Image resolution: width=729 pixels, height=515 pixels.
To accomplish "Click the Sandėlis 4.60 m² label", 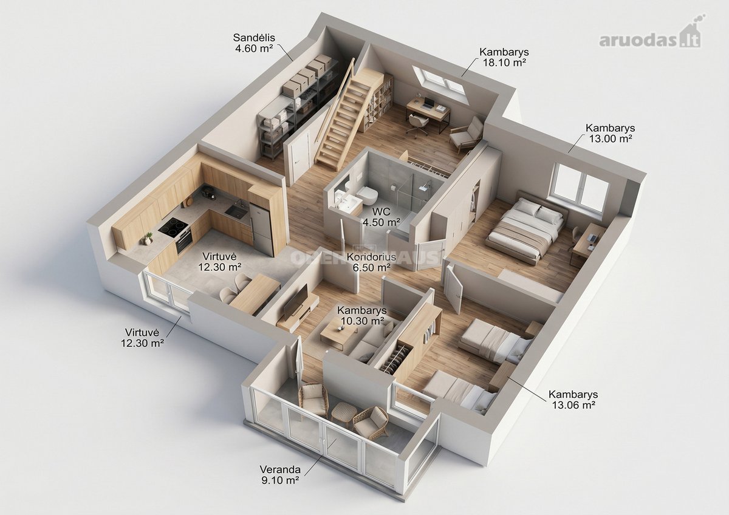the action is pyautogui.click(x=253, y=43).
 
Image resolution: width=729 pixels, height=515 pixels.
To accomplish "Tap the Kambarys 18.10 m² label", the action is pyautogui.click(x=504, y=57).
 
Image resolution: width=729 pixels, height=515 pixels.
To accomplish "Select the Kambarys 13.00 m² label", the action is pyautogui.click(x=610, y=133).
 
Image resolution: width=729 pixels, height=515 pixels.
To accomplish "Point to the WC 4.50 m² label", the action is pyautogui.click(x=381, y=217).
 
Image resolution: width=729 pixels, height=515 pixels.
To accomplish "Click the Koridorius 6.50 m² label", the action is pyautogui.click(x=371, y=262).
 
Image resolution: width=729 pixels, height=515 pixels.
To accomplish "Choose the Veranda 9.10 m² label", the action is pyautogui.click(x=280, y=475).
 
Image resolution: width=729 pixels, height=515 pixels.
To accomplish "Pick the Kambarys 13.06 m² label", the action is pyautogui.click(x=573, y=400).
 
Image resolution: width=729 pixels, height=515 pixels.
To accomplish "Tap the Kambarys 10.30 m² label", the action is pyautogui.click(x=361, y=316).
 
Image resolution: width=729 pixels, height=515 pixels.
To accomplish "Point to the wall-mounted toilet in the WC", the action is pyautogui.click(x=367, y=195).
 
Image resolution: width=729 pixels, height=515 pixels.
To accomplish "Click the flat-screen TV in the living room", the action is pyautogui.click(x=295, y=302).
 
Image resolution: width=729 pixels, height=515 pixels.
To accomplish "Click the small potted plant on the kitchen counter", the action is pyautogui.click(x=148, y=239).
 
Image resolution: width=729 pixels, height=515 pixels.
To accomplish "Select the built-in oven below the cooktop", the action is pyautogui.click(x=184, y=243).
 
